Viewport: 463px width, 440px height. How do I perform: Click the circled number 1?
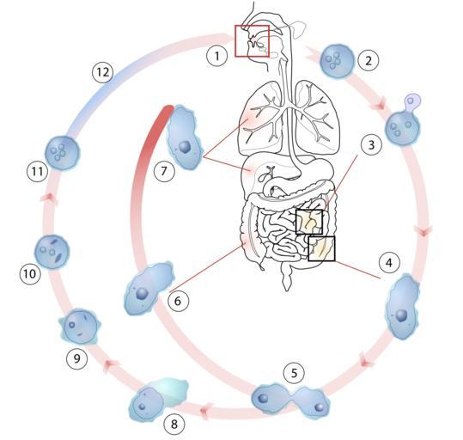point(217,56)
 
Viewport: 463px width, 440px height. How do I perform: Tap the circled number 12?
point(103,72)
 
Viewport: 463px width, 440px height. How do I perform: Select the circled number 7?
point(164,170)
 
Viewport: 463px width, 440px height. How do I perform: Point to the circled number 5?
point(294,373)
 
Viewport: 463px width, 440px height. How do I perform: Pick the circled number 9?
point(77,358)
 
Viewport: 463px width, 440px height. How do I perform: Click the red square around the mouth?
point(253,40)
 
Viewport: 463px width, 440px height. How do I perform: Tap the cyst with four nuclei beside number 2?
point(337,60)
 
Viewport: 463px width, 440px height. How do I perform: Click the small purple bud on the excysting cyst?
point(412,102)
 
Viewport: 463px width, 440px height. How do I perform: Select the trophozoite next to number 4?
point(402,307)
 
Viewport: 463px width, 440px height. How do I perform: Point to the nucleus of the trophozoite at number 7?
point(186,147)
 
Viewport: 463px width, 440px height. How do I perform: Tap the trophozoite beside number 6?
point(149,288)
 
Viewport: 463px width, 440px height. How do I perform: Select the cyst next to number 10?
point(52,252)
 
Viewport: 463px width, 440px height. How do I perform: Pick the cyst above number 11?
point(63,153)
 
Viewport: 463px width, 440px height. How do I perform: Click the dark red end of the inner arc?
point(168,112)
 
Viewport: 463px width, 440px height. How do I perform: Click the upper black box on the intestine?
point(309,222)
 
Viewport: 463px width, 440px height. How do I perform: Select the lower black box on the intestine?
point(321,248)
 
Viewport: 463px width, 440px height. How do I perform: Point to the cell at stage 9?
point(80,327)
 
